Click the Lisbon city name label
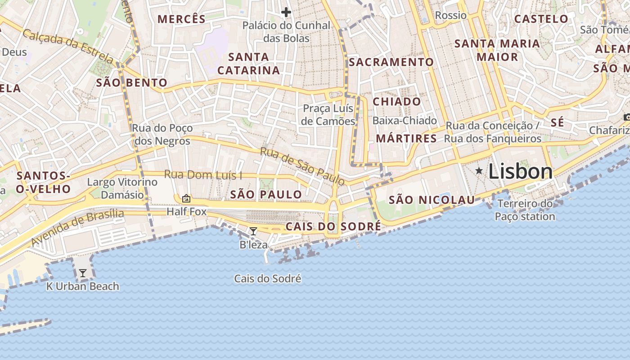pyautogui.click(x=520, y=172)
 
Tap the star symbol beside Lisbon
pyautogui.click(x=479, y=171)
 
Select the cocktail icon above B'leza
pyautogui.click(x=253, y=231)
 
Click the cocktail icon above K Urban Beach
pyautogui.click(x=83, y=273)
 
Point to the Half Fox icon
pyautogui.click(x=186, y=198)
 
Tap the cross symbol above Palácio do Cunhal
pyautogui.click(x=286, y=12)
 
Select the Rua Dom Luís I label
pyautogui.click(x=203, y=175)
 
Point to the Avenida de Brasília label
pyautogui.click(x=77, y=228)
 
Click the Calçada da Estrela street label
pyautogui.click(x=68, y=46)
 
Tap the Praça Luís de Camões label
pyautogui.click(x=328, y=115)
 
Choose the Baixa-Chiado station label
pyautogui.click(x=405, y=121)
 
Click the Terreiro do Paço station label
pyautogui.click(x=525, y=210)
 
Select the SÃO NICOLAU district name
pyautogui.click(x=432, y=200)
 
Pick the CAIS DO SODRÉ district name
pyautogui.click(x=333, y=226)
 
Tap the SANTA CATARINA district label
pyautogui.click(x=248, y=63)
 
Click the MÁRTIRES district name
pyautogui.click(x=406, y=139)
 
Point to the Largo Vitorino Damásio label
pyautogui.click(x=122, y=188)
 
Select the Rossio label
pyautogui.click(x=451, y=16)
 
